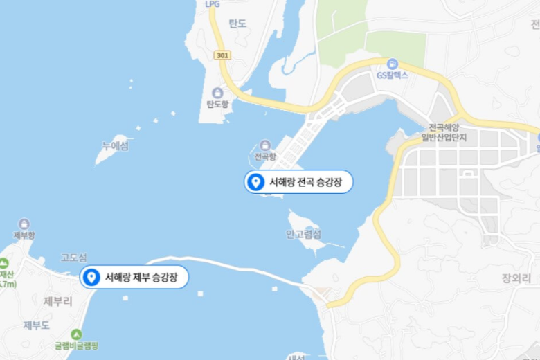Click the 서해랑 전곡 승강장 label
[x=305, y=182]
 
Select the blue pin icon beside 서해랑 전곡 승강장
[x=255, y=182]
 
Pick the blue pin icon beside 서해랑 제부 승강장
[x=91, y=278]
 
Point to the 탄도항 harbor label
[x=217, y=105]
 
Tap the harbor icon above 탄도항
[x=217, y=93]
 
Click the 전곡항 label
[x=265, y=156]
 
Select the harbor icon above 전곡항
[x=265, y=145]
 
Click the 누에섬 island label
[x=115, y=146]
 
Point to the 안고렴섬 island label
[x=303, y=234]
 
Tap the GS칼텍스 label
[x=393, y=75]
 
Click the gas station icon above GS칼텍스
[x=393, y=63]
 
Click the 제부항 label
[x=24, y=235]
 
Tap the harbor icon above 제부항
[x=24, y=224]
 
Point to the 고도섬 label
[x=73, y=258]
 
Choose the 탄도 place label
[x=237, y=23]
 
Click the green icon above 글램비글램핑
[x=76, y=334]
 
